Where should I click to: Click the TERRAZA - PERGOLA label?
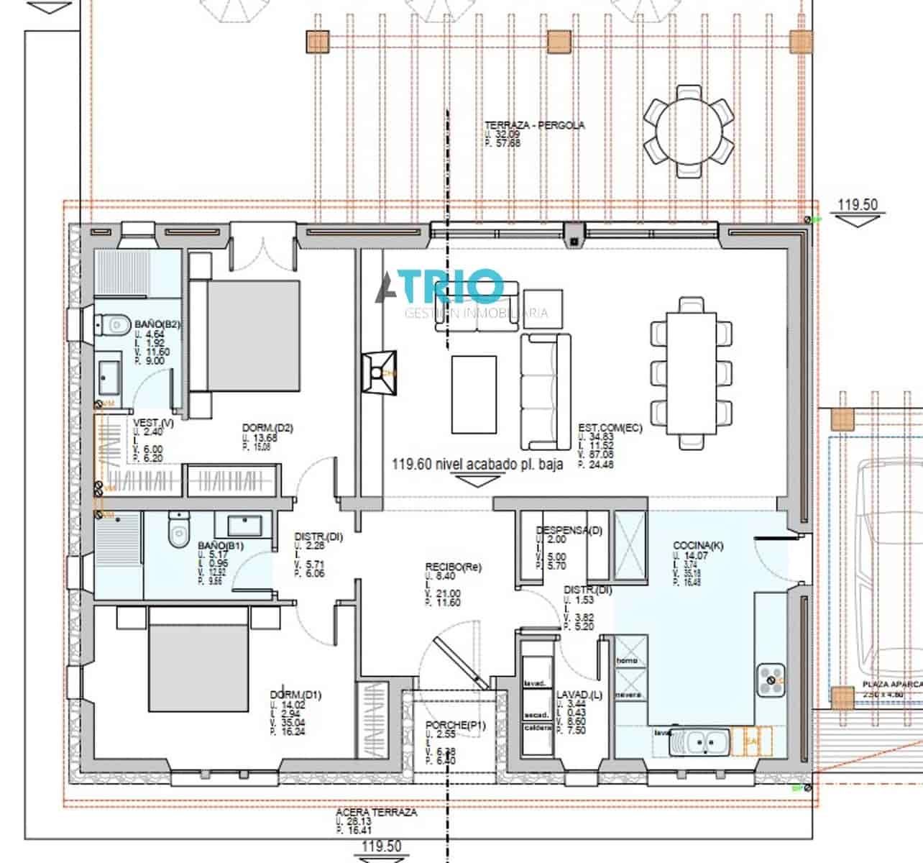coord(534,125)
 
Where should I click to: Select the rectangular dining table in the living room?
coord(691,373)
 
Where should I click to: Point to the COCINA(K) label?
coord(698,546)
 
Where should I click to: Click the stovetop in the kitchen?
coord(773,680)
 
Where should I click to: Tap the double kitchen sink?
coord(699,741)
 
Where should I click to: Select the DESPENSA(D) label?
coord(569,531)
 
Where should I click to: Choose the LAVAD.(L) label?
coord(579,695)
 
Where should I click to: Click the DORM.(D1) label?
coord(295,695)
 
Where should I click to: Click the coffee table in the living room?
coord(474,394)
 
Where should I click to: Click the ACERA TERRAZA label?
coord(376,812)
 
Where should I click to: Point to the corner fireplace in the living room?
coord(380,372)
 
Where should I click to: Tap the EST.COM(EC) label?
coord(610,428)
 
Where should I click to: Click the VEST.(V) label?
coord(153,423)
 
